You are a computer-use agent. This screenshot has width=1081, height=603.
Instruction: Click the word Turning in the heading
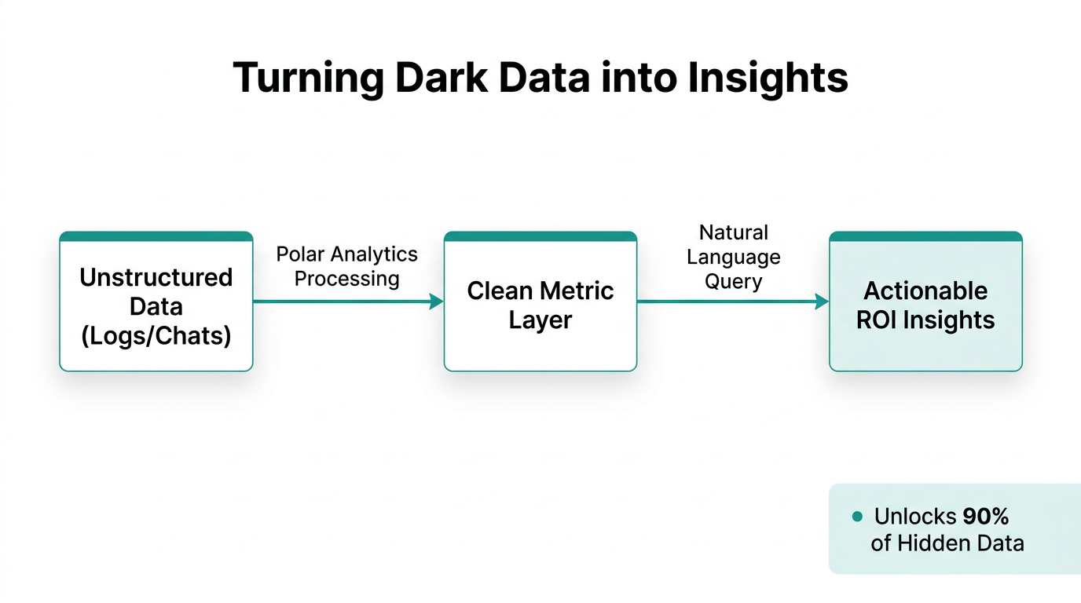[x=308, y=78]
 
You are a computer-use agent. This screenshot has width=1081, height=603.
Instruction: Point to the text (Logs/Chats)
[x=156, y=335]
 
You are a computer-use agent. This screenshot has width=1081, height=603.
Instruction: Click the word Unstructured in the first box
[x=156, y=277]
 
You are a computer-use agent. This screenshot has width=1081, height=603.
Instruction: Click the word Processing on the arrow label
[x=346, y=279]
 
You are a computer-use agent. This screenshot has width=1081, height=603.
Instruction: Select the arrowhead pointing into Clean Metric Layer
[x=437, y=301]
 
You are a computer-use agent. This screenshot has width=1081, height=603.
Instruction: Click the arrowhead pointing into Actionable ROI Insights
[x=823, y=301]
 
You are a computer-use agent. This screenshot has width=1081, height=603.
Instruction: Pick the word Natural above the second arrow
[x=733, y=232]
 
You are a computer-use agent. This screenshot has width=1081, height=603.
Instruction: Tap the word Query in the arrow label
[x=733, y=281]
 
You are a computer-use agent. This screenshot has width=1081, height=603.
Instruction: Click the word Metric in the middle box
[x=576, y=291]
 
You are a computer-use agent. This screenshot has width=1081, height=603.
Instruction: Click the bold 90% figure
[x=985, y=517]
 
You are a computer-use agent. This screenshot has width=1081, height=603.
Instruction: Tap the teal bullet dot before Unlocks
[x=857, y=517]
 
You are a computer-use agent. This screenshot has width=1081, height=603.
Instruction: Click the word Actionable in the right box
[x=925, y=291]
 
